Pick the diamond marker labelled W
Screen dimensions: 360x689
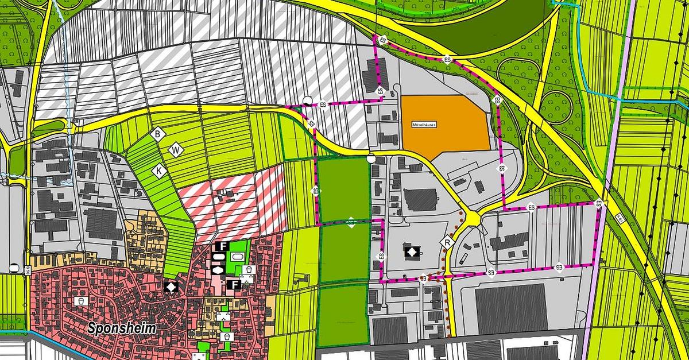(176, 150)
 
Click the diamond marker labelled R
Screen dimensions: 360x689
(448, 243)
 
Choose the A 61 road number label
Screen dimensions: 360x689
(620, 218)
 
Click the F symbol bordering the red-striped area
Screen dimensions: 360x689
(220, 246)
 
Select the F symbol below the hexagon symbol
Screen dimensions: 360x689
(234, 284)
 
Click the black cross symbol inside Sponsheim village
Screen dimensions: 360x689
(170, 286)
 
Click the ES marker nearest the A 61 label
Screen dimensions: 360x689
(599, 203)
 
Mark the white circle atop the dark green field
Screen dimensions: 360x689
(371, 158)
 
